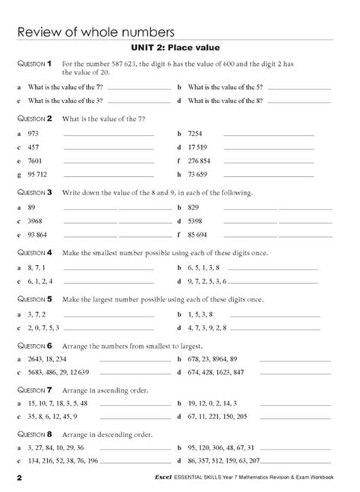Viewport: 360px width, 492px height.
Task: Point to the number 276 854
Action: (200, 161)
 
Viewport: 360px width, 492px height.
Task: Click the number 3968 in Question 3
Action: (36, 220)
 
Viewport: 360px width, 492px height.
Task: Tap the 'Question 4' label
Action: (33, 252)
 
